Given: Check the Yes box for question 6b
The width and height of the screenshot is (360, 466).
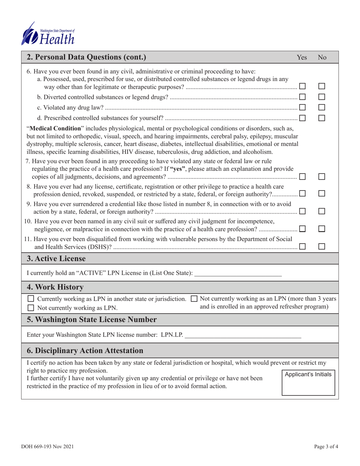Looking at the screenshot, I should point(302,98).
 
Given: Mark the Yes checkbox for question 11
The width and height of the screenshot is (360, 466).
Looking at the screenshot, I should point(302,246).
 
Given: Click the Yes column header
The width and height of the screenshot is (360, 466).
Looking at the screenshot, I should point(302,58).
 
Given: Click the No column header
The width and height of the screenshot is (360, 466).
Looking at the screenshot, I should point(322,58).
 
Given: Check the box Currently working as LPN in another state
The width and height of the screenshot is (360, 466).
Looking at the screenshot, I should point(31,299).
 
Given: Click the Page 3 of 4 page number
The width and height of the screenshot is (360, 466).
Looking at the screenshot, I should point(326,447).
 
